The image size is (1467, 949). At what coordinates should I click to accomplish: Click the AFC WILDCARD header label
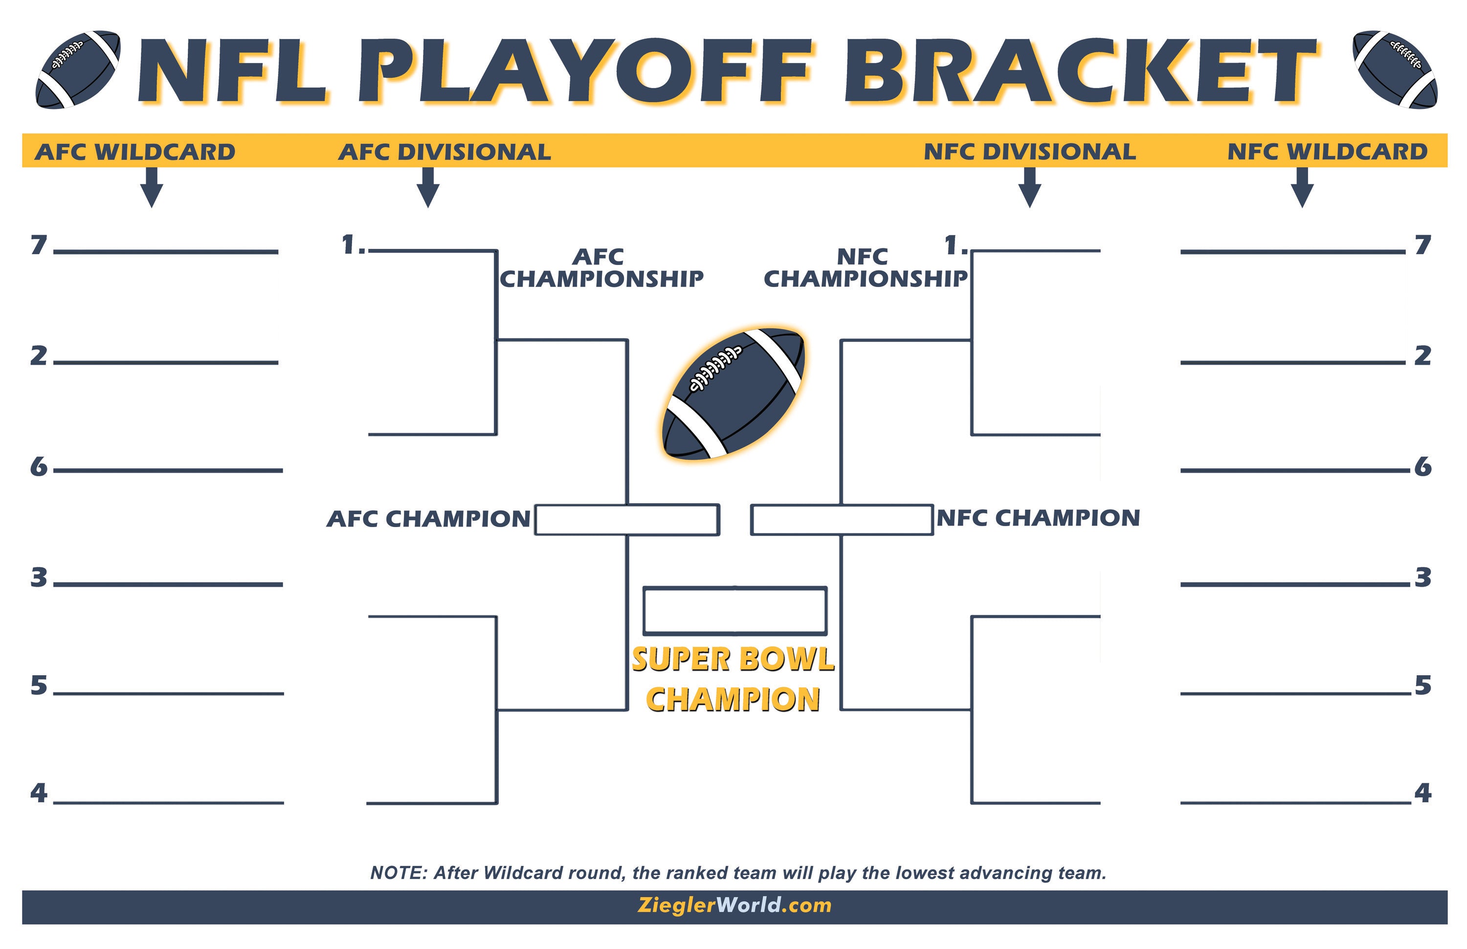[x=135, y=152]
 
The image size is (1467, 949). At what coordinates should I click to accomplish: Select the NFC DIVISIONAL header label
[x=1029, y=152]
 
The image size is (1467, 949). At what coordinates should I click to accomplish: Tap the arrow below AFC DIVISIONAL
[x=428, y=188]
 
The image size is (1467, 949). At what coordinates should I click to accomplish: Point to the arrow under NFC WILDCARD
[x=1302, y=188]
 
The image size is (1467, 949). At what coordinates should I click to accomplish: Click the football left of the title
[x=78, y=69]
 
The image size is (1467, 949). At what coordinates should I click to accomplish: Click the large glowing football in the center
[x=733, y=395]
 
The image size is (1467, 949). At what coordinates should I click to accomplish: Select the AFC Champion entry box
[x=626, y=520]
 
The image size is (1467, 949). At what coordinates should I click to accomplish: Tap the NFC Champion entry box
[x=842, y=520]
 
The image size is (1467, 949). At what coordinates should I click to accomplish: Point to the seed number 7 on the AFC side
[x=39, y=245]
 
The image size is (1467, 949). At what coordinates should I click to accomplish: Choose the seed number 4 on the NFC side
[x=1423, y=793]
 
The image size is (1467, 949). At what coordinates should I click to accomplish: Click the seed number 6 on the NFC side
[x=1423, y=467]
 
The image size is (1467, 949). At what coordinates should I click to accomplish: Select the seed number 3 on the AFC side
[x=39, y=578]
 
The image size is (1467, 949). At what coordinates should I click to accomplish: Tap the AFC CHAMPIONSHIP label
[x=601, y=268]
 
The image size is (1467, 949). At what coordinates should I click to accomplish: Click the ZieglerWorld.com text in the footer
[x=734, y=905]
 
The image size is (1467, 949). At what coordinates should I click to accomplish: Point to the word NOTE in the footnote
[x=398, y=873]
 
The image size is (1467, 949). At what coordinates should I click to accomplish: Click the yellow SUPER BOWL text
[x=733, y=660]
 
